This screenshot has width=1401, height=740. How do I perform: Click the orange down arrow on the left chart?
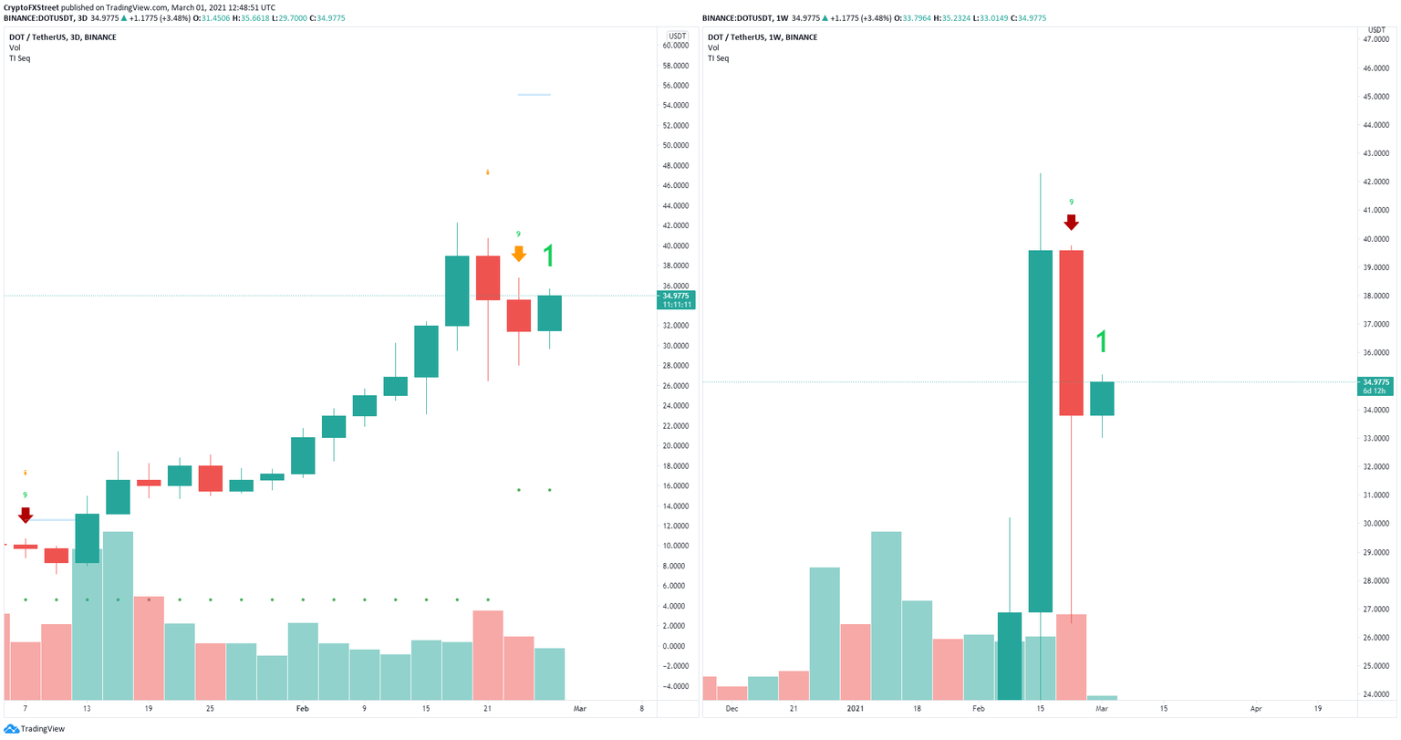click(518, 254)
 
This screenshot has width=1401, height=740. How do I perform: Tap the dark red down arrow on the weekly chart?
click(1072, 222)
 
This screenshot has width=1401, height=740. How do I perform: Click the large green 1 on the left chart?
click(548, 256)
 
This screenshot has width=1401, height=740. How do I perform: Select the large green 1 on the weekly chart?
click(1102, 342)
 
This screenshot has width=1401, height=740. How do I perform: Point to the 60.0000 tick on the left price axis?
click(674, 46)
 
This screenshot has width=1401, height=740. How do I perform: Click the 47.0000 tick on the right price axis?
click(1375, 40)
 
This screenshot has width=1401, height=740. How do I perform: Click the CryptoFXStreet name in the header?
click(35, 7)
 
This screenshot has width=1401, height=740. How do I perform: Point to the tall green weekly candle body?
click(1040, 431)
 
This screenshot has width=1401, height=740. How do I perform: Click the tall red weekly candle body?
click(1071, 332)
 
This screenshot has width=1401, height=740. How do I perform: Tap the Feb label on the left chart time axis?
click(302, 708)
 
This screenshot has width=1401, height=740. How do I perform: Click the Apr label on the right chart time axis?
click(1256, 708)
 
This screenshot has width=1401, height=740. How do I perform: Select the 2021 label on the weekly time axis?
click(856, 708)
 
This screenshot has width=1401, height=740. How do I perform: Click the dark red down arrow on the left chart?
click(26, 516)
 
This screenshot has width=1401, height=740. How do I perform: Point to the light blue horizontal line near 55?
click(534, 95)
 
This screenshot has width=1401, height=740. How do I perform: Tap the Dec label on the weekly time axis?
click(732, 708)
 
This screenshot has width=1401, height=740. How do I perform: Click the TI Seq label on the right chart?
click(718, 58)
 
